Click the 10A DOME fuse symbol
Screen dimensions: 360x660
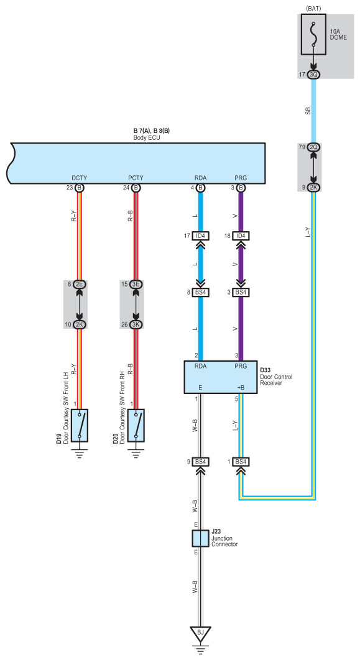tap(314, 35)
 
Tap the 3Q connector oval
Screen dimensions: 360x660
tap(314, 75)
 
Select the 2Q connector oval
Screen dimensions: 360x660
tap(314, 147)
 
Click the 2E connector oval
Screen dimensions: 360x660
tap(79, 284)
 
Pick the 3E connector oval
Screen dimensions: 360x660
tap(136, 284)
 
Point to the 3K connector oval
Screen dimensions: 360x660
tap(136, 324)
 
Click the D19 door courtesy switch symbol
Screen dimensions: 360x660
tap(79, 425)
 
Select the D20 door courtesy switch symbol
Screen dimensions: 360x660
tap(136, 425)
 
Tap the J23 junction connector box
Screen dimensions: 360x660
tap(200, 538)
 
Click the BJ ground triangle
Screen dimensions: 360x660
tap(200, 633)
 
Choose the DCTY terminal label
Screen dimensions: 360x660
tap(79, 178)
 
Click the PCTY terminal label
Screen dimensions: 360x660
tap(136, 178)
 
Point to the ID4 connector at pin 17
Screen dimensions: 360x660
tap(200, 236)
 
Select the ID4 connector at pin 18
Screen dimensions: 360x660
tap(241, 236)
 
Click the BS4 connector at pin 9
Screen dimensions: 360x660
tap(200, 462)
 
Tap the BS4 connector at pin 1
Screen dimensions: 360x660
tap(241, 462)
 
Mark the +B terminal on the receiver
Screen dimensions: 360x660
tap(241, 388)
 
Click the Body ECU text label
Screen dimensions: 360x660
tap(147, 137)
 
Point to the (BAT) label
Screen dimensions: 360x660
tap(314, 8)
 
